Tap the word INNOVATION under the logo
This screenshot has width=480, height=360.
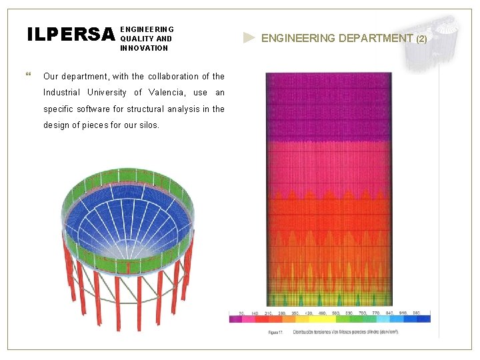(144, 48)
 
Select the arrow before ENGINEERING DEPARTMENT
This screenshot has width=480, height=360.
(249, 38)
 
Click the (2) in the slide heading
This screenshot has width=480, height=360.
(421, 39)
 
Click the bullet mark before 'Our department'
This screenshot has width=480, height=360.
(28, 75)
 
